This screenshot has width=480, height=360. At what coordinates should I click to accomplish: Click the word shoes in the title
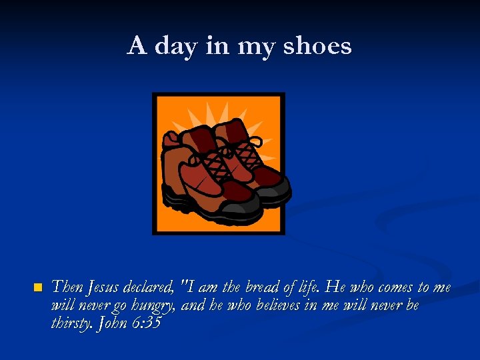coord(317,46)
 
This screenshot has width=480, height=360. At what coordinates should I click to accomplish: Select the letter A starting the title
coord(137,45)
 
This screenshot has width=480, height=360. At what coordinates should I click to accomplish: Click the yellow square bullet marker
coord(37,288)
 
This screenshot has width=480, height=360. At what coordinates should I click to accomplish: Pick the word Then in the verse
coord(67,287)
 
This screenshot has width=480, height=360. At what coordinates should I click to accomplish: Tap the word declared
coord(151,287)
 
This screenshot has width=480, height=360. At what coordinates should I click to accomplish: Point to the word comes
coord(394,287)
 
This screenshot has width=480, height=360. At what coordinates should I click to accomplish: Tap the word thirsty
coord(72,324)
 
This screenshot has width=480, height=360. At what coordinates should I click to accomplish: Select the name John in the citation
coord(113,323)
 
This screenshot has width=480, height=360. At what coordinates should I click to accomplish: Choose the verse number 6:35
coord(147,323)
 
